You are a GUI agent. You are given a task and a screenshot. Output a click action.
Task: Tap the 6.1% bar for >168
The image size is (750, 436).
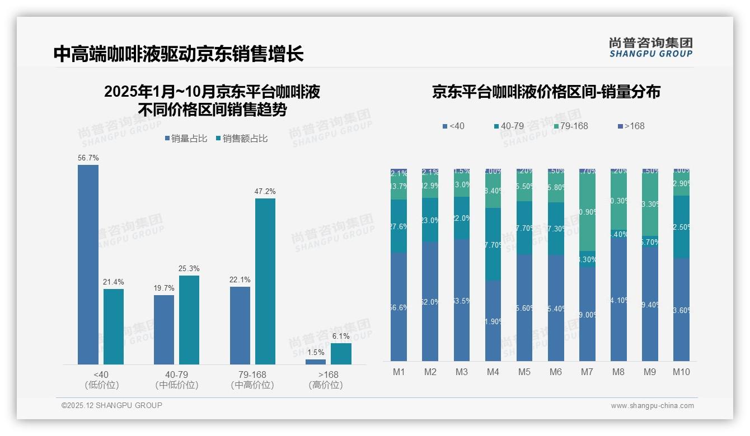point(341,353)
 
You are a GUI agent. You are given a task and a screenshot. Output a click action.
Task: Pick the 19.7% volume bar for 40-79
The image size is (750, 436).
point(164,329)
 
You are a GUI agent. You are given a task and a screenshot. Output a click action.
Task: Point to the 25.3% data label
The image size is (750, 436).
point(189,268)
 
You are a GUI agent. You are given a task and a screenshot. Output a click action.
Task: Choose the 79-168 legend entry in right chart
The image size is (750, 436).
point(570,126)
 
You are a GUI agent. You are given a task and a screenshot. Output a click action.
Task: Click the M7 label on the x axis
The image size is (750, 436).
point(587,372)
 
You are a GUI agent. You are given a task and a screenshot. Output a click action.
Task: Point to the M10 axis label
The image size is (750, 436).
point(681,372)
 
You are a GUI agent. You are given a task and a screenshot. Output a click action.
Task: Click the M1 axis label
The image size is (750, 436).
point(399,372)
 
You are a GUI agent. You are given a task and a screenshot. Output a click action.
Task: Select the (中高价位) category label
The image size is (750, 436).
point(252,385)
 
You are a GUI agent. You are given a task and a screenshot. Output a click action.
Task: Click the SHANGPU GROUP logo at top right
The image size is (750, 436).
point(650,48)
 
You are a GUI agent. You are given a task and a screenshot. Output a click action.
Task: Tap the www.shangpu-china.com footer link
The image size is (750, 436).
point(652,406)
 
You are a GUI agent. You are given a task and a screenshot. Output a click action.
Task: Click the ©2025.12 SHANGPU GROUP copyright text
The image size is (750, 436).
point(112,405)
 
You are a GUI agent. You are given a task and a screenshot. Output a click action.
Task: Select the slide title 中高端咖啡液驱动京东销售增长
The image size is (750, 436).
point(179,54)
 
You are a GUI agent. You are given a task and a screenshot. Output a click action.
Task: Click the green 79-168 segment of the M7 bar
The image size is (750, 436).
point(587,212)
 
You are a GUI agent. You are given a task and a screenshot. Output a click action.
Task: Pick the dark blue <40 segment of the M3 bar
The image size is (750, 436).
point(462,300)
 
